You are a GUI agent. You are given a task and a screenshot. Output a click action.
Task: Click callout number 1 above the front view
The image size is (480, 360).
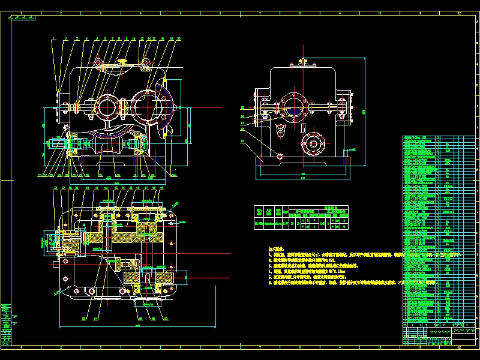coord(53,38)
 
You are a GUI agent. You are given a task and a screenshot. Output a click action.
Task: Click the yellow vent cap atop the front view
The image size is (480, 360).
coord(122,61)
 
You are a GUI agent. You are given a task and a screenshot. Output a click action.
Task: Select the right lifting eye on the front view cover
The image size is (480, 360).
coord(145,62)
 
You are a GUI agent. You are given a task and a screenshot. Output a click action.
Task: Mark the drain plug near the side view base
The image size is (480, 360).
coord(280,155)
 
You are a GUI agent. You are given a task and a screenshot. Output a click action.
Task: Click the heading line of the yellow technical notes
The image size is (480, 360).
coord(277,247)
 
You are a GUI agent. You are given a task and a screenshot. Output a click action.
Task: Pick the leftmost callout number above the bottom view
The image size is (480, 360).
coord(55,188)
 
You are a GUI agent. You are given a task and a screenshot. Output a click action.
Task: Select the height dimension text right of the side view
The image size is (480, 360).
coord(364,110)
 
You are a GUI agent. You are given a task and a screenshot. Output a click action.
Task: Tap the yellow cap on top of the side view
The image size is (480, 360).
coord(302,61)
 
